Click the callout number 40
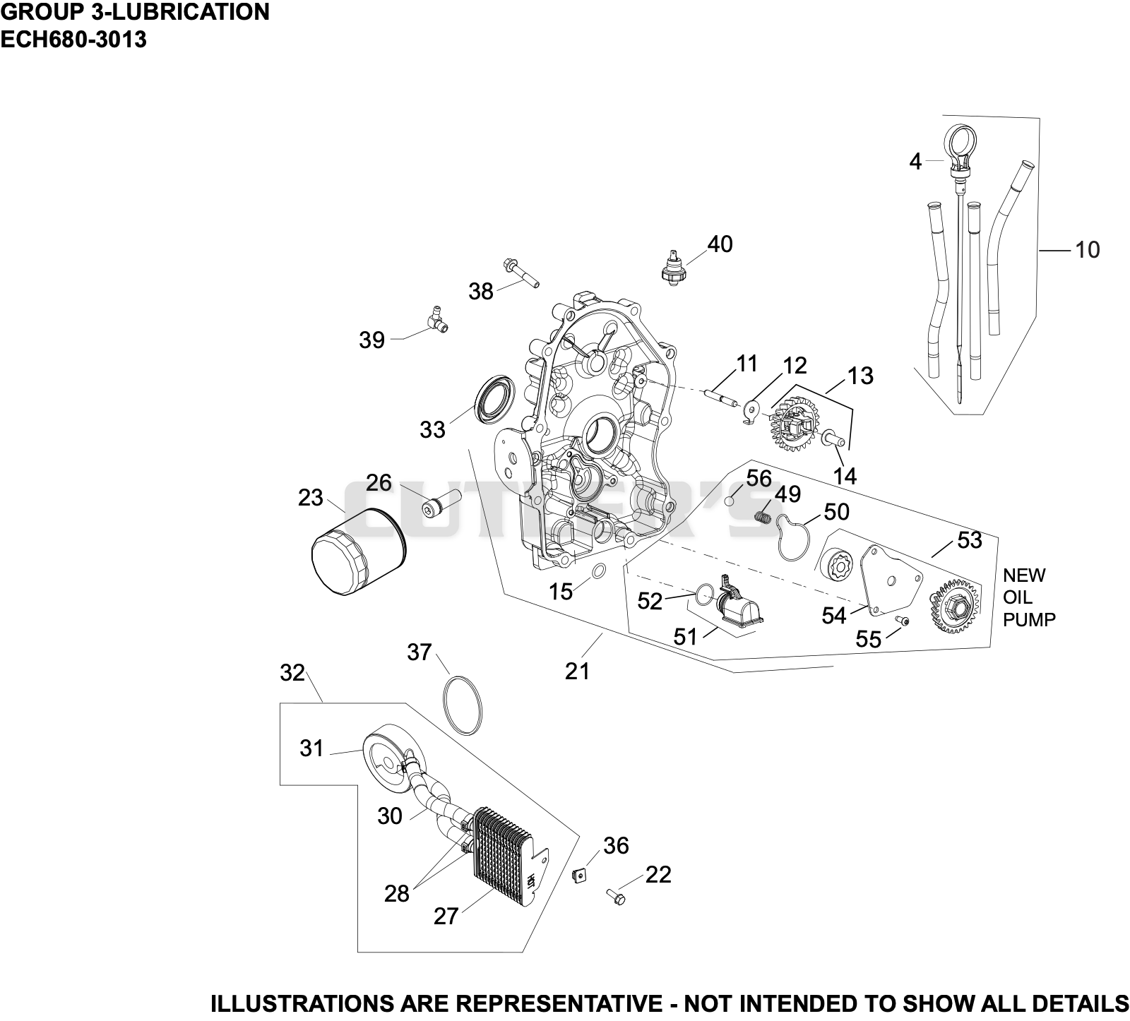(720, 244)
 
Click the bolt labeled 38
(521, 275)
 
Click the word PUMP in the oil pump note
(1029, 620)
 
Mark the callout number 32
(292, 673)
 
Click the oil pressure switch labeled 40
(674, 266)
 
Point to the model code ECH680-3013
(73, 40)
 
